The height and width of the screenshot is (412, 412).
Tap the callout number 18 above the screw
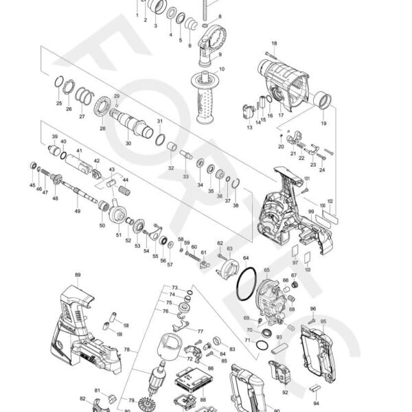[274, 43]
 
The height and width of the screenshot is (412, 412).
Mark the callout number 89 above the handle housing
[78, 275]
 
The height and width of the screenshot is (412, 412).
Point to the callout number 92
[284, 392]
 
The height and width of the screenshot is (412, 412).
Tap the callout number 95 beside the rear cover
[323, 321]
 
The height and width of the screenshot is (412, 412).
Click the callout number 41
[80, 151]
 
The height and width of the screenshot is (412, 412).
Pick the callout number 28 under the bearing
[102, 128]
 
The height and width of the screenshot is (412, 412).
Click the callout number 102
[330, 202]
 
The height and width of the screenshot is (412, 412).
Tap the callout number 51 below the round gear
[118, 235]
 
